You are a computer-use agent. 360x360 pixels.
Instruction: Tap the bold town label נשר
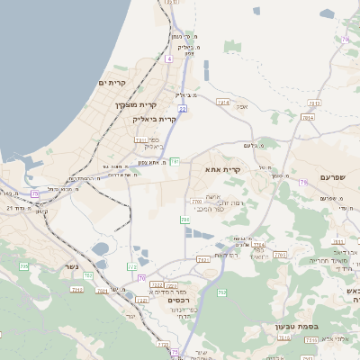point(71,266)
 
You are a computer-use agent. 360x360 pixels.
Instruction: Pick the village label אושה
point(213,196)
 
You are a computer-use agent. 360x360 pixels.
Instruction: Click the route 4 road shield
point(167,58)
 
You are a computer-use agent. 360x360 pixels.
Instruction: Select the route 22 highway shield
point(182,109)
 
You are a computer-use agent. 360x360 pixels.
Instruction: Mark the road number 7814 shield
point(223,103)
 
